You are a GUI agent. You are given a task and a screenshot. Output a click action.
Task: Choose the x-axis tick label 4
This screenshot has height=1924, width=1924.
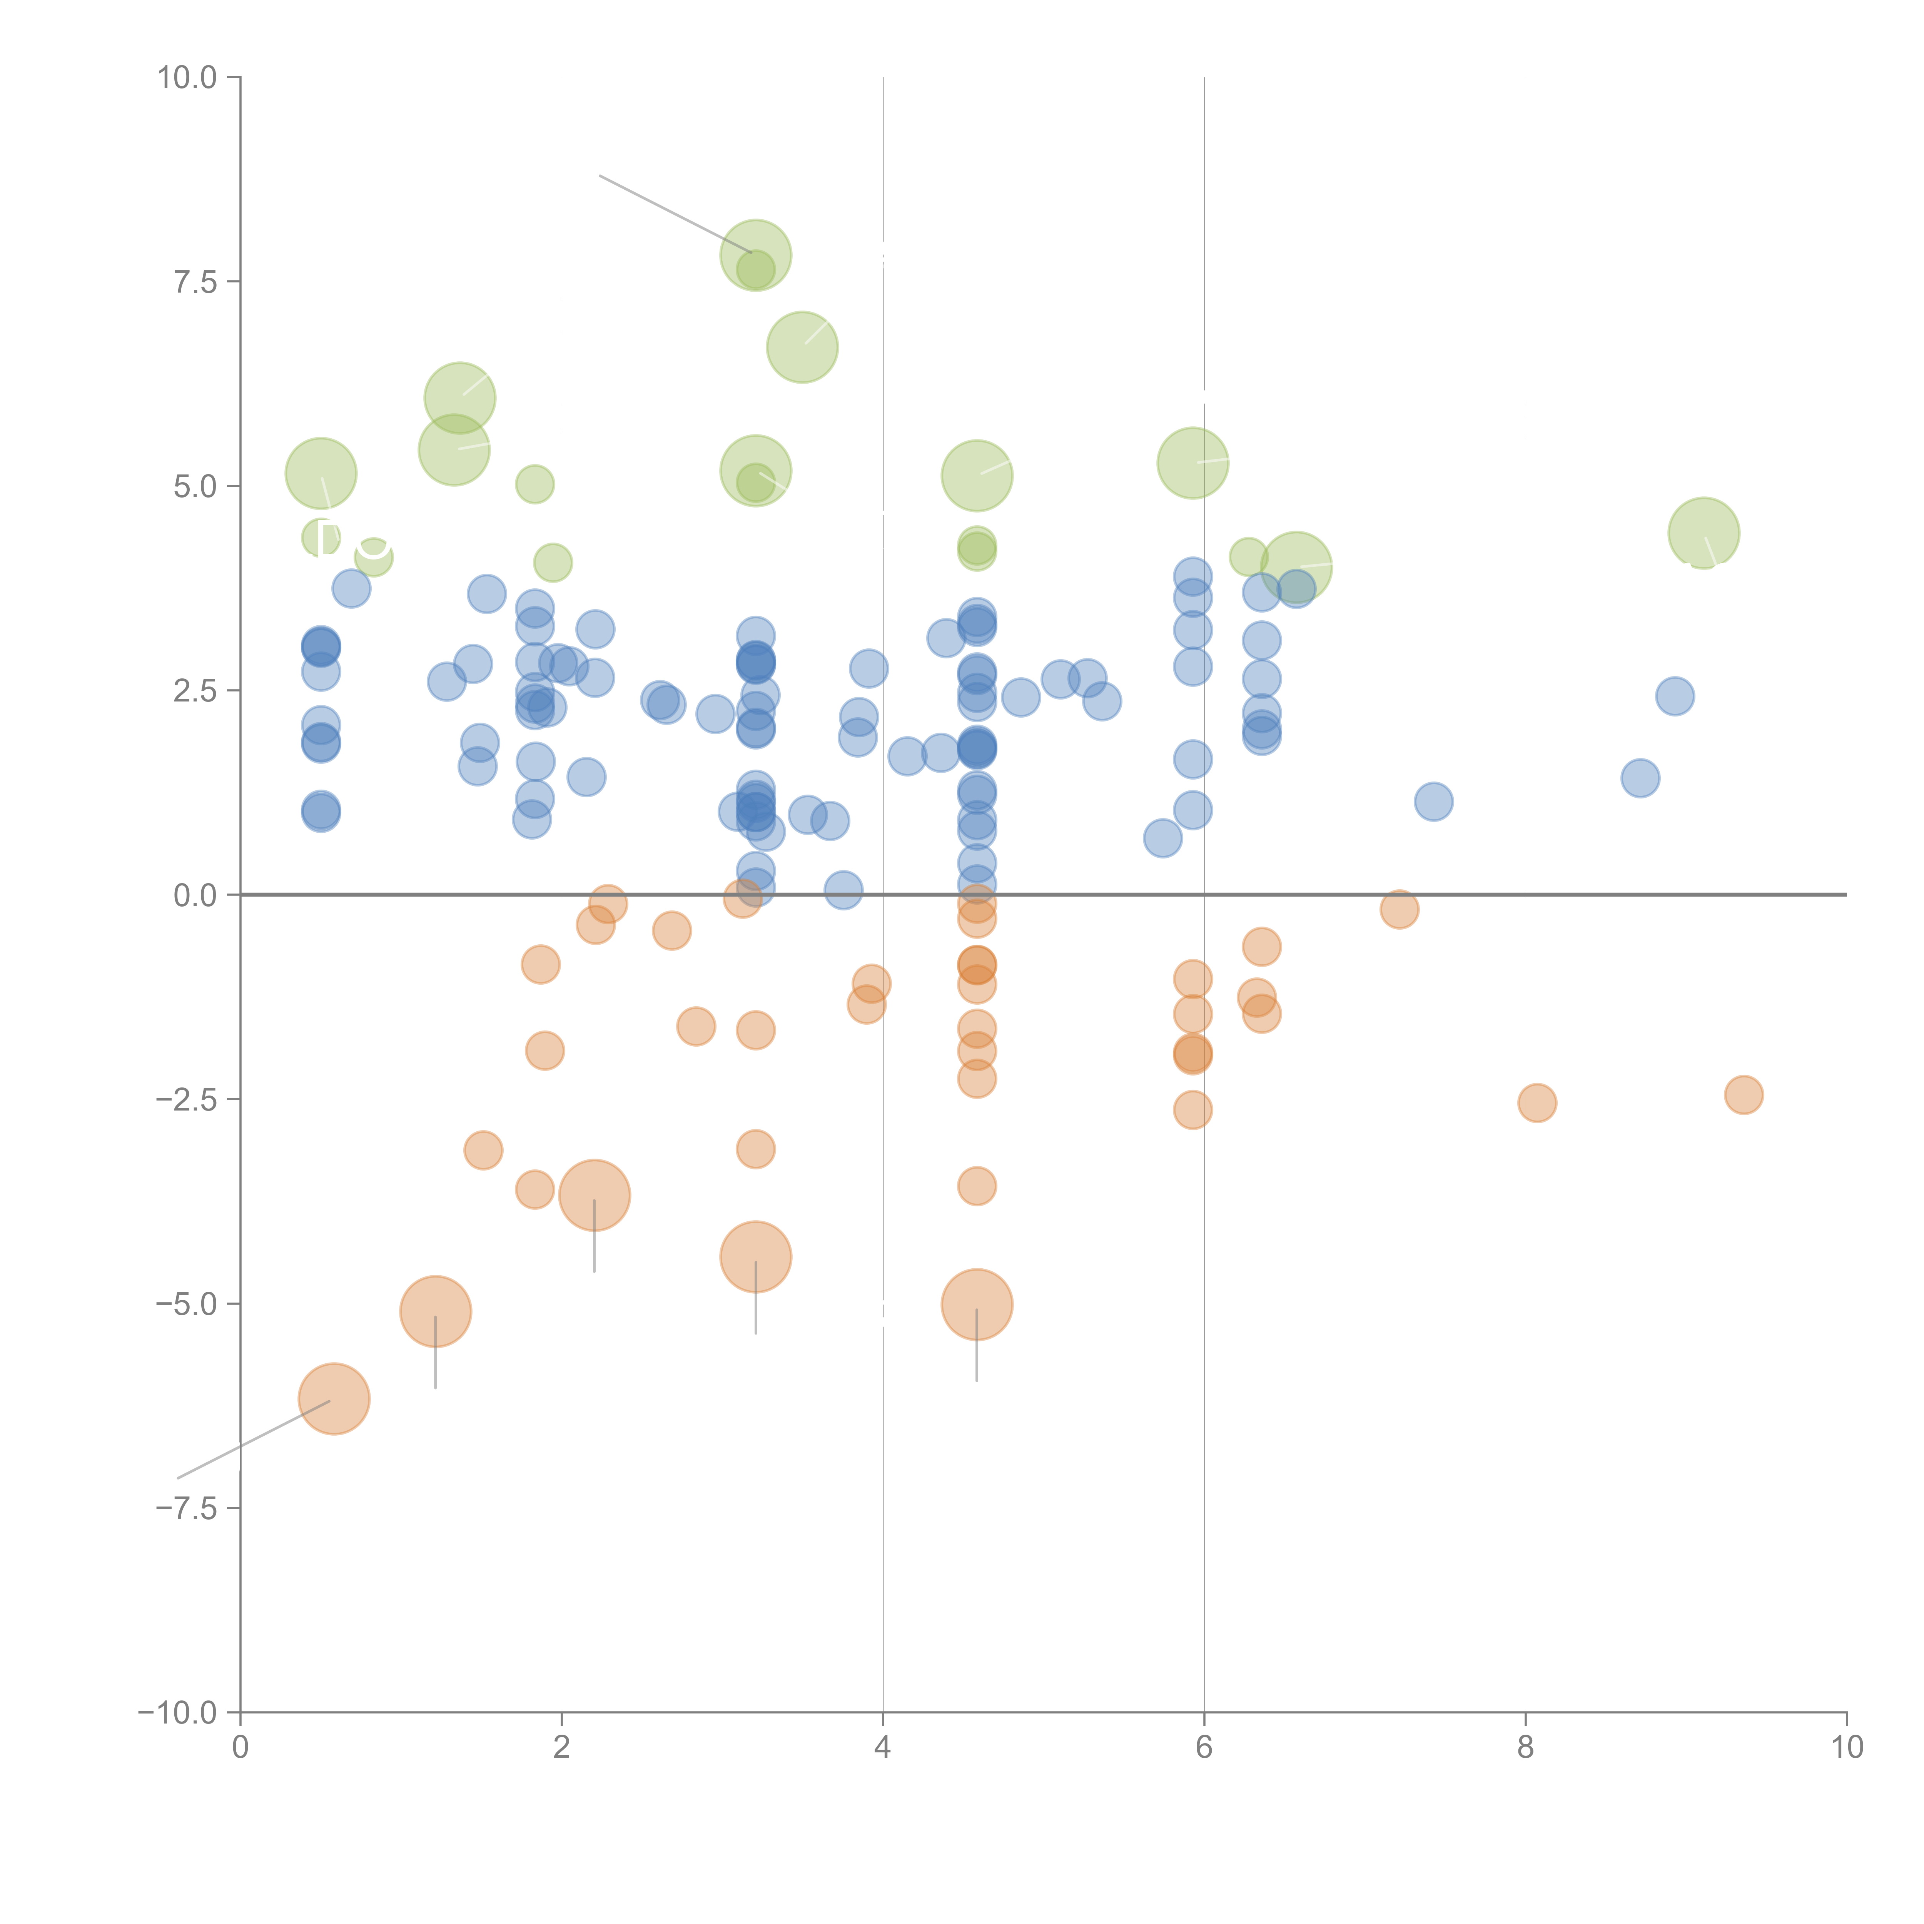pyautogui.click(x=882, y=1747)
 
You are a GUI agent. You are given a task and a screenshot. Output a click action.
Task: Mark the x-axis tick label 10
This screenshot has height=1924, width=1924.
pyautogui.click(x=1846, y=1747)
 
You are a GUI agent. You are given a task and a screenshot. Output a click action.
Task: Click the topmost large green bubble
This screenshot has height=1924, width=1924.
pyautogui.click(x=756, y=255)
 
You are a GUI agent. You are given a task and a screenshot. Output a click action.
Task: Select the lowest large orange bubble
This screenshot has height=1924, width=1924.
pyautogui.click(x=335, y=1398)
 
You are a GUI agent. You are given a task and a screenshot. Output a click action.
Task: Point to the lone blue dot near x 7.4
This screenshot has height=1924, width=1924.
pyautogui.click(x=1433, y=801)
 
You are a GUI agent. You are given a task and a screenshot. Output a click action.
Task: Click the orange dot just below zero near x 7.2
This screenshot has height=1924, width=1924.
pyautogui.click(x=1399, y=908)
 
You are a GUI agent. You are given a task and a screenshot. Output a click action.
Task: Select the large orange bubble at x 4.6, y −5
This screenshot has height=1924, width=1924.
pyautogui.click(x=977, y=1304)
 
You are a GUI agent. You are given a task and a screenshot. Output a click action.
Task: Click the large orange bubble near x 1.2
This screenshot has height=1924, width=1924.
pyautogui.click(x=435, y=1311)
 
